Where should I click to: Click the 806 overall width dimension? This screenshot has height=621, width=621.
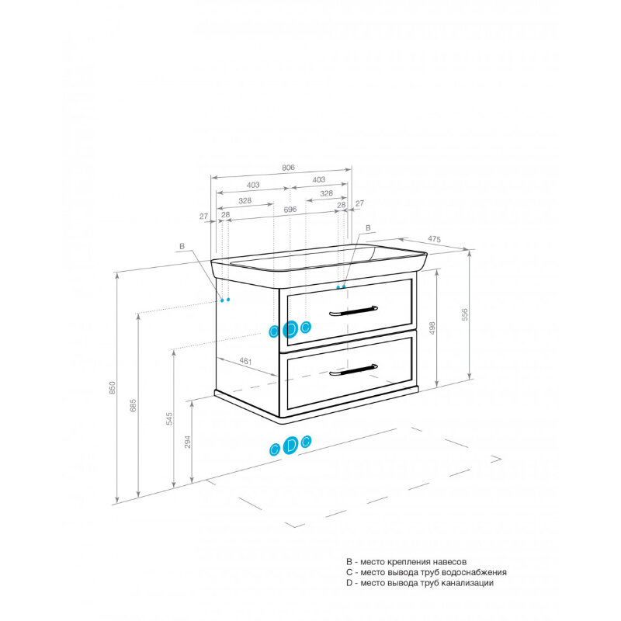[x=288, y=168]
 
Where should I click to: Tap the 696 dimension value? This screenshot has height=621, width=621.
[x=290, y=210]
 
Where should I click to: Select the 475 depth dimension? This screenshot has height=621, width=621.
[x=434, y=239]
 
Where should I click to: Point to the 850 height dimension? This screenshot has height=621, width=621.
[x=113, y=387]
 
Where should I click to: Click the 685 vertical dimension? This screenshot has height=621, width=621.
[x=133, y=405]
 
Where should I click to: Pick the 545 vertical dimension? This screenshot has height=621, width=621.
[x=169, y=418]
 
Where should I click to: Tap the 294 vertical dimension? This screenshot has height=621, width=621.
[x=188, y=442]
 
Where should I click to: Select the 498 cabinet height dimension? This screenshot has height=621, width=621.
[x=432, y=328]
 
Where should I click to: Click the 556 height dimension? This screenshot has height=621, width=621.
[x=464, y=314]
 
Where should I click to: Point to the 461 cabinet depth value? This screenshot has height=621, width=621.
[x=245, y=361]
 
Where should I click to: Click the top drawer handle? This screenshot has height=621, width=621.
[x=353, y=311]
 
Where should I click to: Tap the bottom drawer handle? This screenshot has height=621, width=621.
[x=353, y=370]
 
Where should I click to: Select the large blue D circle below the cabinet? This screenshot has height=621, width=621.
[x=290, y=445]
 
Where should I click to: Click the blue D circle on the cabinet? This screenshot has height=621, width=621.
[x=290, y=329]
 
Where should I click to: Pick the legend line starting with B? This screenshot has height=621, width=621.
[x=406, y=562]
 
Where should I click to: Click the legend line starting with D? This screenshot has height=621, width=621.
[x=420, y=583]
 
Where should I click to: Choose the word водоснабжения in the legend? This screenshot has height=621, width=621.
[x=474, y=573]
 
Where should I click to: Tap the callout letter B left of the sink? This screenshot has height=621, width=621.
[x=182, y=246]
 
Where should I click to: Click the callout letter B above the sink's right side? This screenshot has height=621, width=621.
[x=368, y=228]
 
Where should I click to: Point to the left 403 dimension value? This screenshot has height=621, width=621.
[x=253, y=185]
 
